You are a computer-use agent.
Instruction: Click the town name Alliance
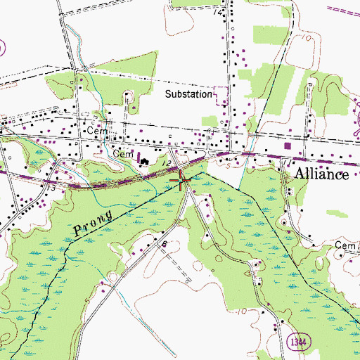[x=321, y=175]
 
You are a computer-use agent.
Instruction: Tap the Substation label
[x=188, y=94]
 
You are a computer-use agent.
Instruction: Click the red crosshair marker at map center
[x=182, y=181]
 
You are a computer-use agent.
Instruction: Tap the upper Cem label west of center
[x=95, y=131]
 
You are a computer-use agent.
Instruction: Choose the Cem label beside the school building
[x=123, y=153]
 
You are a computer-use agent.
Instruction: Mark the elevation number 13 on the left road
[x=50, y=188]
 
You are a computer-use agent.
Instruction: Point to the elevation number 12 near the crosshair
[x=167, y=163]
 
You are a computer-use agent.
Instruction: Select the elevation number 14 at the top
[x=222, y=13]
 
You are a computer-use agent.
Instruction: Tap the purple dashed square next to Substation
[x=221, y=94]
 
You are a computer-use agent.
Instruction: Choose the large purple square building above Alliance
[x=288, y=147]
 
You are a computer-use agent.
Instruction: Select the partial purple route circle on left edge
[x=2, y=48]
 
